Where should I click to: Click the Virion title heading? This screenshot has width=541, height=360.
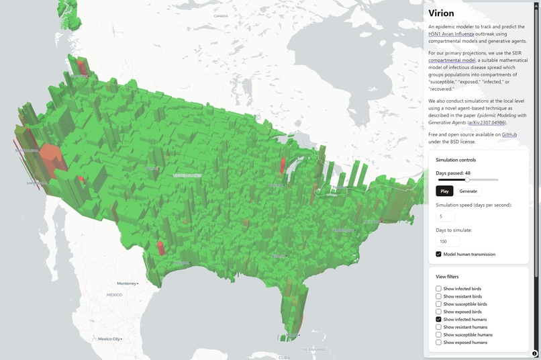[x=441, y=13]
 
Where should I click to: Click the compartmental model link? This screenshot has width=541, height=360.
[x=452, y=60]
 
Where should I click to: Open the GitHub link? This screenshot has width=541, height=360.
[x=509, y=135]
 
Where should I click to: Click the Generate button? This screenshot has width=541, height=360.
[x=469, y=191]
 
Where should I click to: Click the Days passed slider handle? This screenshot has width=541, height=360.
[x=467, y=180]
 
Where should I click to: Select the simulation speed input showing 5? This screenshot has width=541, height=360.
[x=445, y=217]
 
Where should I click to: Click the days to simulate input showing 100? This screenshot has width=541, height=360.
[x=448, y=242]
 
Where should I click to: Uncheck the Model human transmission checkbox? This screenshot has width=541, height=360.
[x=439, y=255]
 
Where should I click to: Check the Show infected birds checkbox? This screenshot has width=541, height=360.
[x=439, y=289]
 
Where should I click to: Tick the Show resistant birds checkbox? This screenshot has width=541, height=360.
[x=439, y=296]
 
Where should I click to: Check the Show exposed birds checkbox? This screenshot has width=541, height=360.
[x=439, y=312]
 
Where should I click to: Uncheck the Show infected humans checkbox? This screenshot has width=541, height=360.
[x=439, y=320]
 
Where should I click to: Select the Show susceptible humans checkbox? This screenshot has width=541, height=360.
[x=439, y=334]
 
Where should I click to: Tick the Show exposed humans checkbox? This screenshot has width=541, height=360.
[x=439, y=343]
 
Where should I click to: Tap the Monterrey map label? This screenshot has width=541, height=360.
[x=126, y=283]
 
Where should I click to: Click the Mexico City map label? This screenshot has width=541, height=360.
[x=109, y=339]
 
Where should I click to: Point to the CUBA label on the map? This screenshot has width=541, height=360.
[x=284, y=357]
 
